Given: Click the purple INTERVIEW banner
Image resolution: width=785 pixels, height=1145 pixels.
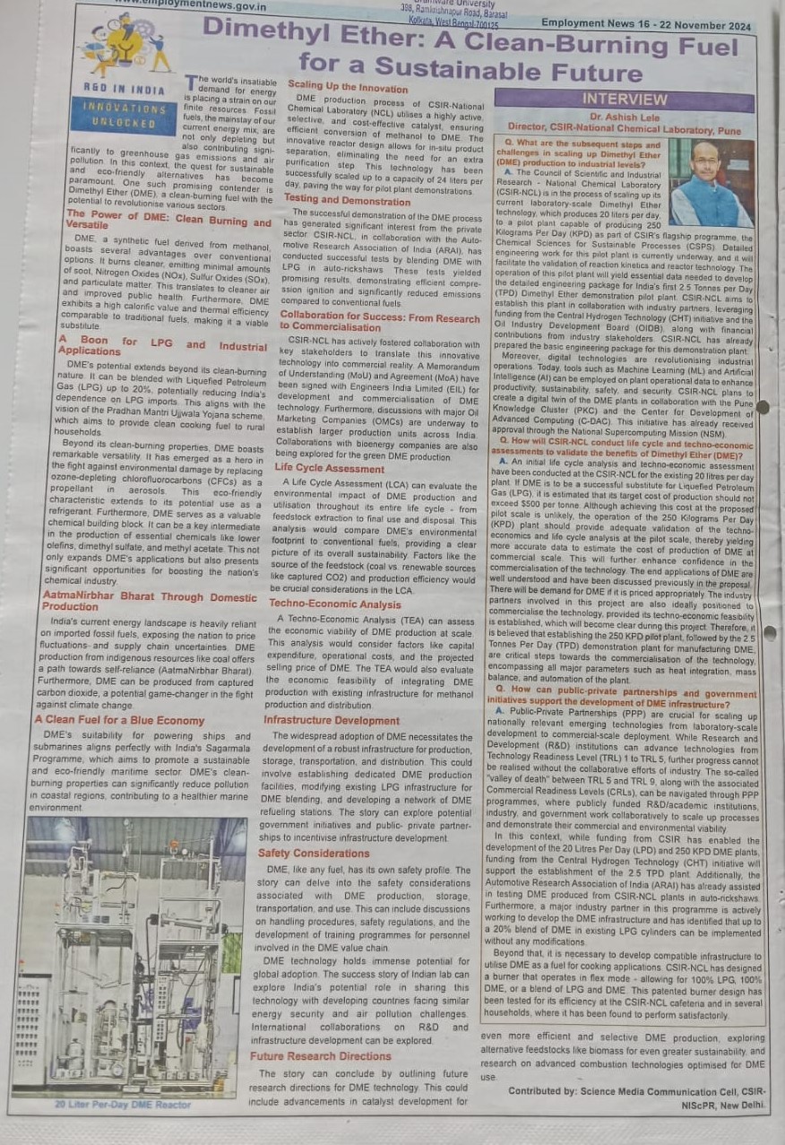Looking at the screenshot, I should (x=625, y=100).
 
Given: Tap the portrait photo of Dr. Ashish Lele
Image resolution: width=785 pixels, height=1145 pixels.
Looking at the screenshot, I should (x=711, y=183).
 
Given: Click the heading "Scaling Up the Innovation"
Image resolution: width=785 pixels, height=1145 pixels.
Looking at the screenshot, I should (x=348, y=87).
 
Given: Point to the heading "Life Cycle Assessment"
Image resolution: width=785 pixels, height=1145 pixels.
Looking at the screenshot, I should (x=329, y=468).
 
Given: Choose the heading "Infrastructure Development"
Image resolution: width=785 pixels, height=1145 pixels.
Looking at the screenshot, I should (x=332, y=720).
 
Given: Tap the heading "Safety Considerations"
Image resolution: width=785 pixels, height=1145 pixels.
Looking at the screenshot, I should (x=314, y=853).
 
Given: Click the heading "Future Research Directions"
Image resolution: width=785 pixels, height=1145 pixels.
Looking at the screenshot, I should (x=321, y=1056).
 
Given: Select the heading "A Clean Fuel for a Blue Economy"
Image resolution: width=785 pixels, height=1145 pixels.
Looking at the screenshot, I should (x=119, y=720).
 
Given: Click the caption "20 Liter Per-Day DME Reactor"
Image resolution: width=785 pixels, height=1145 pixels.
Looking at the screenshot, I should (x=123, y=1104).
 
